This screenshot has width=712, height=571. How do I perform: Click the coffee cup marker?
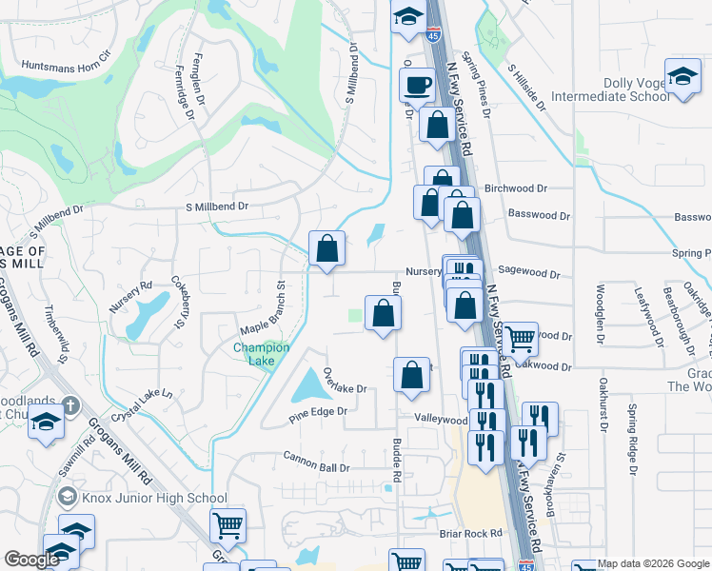[415, 84]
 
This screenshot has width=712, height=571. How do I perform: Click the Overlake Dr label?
[345, 381]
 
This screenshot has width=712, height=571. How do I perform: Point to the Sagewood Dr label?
[529, 272]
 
